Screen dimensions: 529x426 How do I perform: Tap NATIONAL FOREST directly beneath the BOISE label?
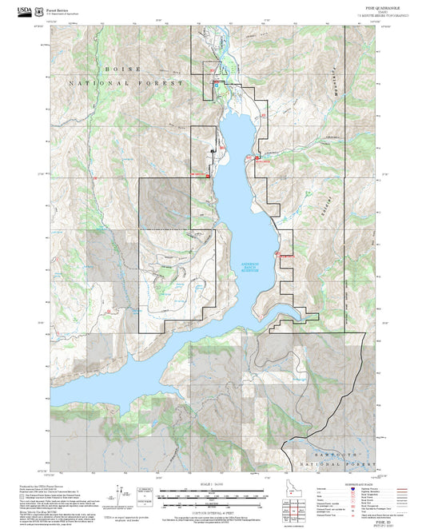pyautogui.click(x=126, y=83)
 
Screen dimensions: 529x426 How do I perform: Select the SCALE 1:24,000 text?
pyautogui.click(x=206, y=487)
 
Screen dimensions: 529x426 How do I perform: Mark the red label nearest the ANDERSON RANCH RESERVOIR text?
pyautogui.click(x=285, y=255)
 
